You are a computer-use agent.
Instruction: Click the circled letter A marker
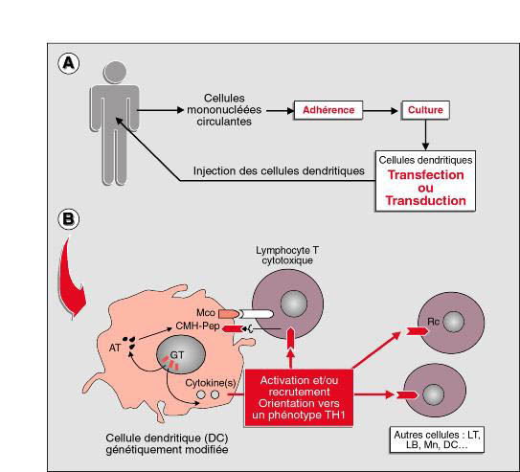[69, 63]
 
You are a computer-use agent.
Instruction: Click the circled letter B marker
[69, 219]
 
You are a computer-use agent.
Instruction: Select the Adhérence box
[328, 110]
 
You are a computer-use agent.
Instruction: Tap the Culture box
[425, 110]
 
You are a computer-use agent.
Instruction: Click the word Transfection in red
[426, 175]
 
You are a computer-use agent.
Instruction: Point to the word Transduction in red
[426, 200]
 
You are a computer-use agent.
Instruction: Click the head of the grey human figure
[115, 72]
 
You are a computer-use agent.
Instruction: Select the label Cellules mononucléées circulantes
[224, 110]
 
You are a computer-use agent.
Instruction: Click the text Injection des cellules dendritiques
[279, 171]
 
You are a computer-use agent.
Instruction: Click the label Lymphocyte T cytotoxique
[287, 256]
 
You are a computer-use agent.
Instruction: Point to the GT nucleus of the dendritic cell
[181, 354]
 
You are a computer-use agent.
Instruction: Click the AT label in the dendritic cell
[115, 348]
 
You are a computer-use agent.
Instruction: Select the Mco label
[206, 312]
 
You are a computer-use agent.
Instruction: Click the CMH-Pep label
[197, 326]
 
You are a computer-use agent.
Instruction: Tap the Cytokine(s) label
[211, 383]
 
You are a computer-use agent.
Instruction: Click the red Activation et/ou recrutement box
[299, 397]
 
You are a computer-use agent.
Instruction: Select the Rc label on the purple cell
[433, 322]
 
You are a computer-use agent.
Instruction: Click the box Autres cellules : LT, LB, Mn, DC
[437, 439]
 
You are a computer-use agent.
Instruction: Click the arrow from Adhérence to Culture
[380, 111]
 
